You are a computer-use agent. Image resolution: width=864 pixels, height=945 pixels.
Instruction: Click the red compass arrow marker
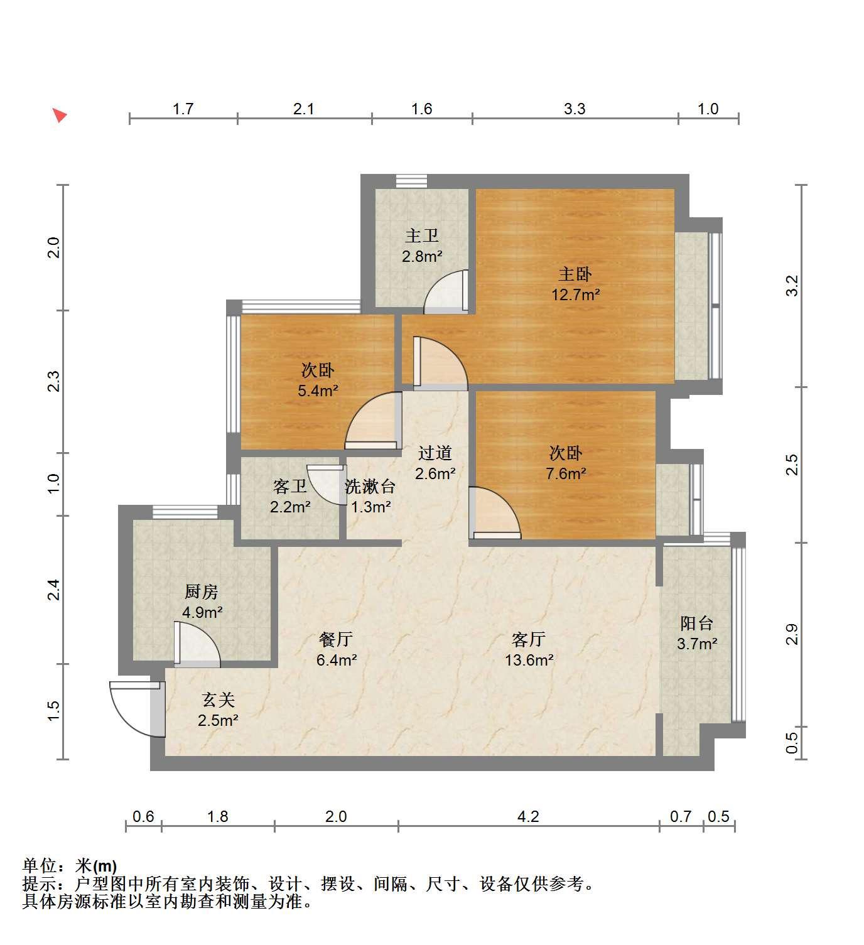(60, 114)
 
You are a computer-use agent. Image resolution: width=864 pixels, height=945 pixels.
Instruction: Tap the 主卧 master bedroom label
(575, 274)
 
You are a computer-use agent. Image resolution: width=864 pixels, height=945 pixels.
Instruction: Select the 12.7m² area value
(575, 295)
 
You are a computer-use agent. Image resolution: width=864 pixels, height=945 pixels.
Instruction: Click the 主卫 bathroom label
(421, 235)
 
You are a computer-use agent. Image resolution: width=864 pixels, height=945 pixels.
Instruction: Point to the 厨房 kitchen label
(201, 591)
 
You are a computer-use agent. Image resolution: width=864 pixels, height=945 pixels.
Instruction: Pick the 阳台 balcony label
(697, 624)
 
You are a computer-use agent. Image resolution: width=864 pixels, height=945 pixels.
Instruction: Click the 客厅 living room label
(529, 639)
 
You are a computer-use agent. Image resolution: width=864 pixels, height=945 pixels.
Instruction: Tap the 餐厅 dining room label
(336, 639)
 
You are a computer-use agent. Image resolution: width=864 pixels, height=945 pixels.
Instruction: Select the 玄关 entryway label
(218, 700)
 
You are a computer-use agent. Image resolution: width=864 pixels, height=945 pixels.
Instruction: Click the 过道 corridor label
(435, 453)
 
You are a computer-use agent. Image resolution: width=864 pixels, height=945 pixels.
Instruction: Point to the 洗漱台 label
(370, 487)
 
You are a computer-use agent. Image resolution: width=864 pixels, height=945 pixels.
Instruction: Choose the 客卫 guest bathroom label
(289, 487)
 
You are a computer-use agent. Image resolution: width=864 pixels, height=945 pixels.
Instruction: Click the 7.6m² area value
(566, 473)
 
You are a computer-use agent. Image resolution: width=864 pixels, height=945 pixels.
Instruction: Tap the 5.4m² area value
(318, 391)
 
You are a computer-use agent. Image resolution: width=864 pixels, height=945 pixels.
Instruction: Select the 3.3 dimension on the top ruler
(575, 109)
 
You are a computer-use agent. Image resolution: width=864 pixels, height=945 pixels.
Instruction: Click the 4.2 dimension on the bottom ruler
(528, 816)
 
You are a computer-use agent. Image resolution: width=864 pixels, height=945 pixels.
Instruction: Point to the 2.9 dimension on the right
(792, 634)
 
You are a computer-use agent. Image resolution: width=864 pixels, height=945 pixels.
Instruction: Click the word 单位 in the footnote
(40, 866)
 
